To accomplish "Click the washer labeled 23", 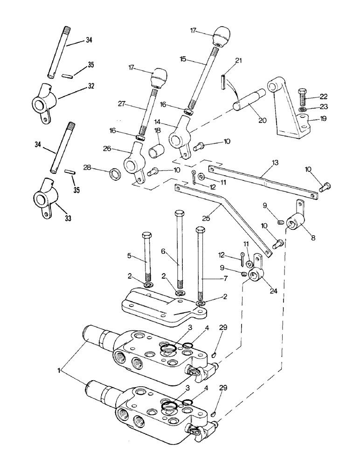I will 303,110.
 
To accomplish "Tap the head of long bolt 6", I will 179,214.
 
